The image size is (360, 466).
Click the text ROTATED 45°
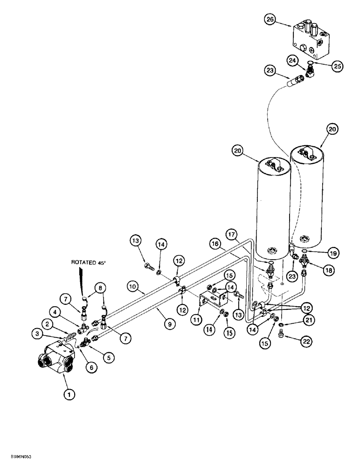(x=88, y=262)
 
